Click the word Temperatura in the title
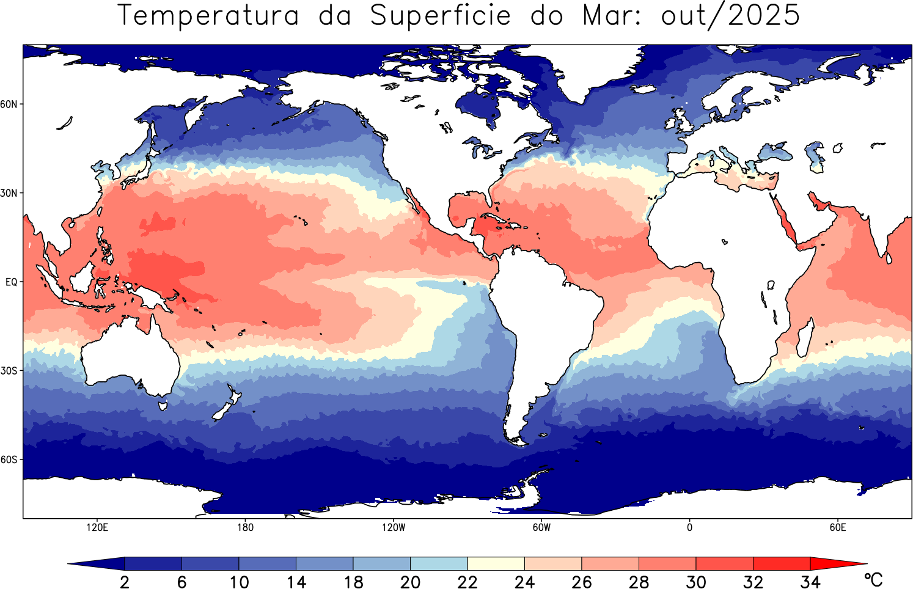208,15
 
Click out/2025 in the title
730,15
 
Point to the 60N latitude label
9,104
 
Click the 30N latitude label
9,193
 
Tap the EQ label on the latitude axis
11,282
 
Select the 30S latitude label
9,371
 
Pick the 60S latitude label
9,459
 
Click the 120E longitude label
97,527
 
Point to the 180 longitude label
245,527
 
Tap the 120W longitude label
394,527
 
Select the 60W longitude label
541,527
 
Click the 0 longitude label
689,527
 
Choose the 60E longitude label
838,527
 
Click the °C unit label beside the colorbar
873,579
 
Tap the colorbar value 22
468,582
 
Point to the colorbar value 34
810,582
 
